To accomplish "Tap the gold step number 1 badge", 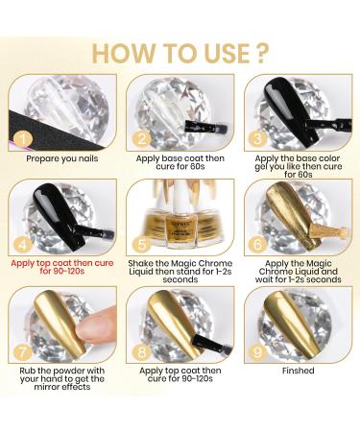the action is click(23, 139).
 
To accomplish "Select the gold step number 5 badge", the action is click(142, 245).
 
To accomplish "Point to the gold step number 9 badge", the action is click(257, 352).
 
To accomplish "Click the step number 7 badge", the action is click(23, 353).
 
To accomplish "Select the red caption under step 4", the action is click(62, 267).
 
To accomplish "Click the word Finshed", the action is click(299, 371).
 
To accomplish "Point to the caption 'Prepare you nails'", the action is click(62, 158).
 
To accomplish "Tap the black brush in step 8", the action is click(209, 343).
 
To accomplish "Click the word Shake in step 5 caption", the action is click(140, 263).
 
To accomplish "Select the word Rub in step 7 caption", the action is click(27, 371).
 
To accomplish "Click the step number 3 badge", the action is click(257, 139).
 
